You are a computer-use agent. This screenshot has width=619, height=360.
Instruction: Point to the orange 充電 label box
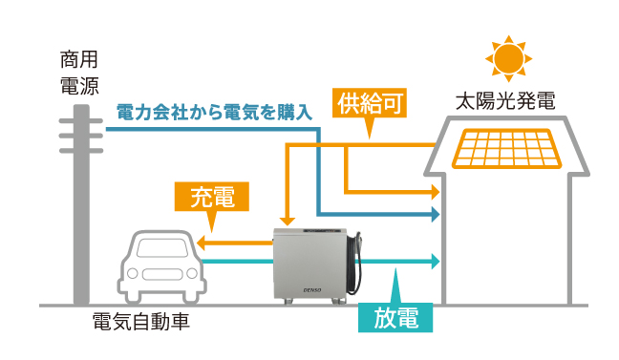click(x=211, y=198)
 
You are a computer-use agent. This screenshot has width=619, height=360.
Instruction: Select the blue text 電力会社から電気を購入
click(x=214, y=112)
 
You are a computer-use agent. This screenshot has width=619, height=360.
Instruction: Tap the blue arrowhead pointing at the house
click(x=435, y=216)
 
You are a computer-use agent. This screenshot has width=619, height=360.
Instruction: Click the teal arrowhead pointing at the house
click(x=435, y=260)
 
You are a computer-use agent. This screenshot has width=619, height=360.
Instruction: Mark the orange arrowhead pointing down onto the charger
click(x=286, y=221)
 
